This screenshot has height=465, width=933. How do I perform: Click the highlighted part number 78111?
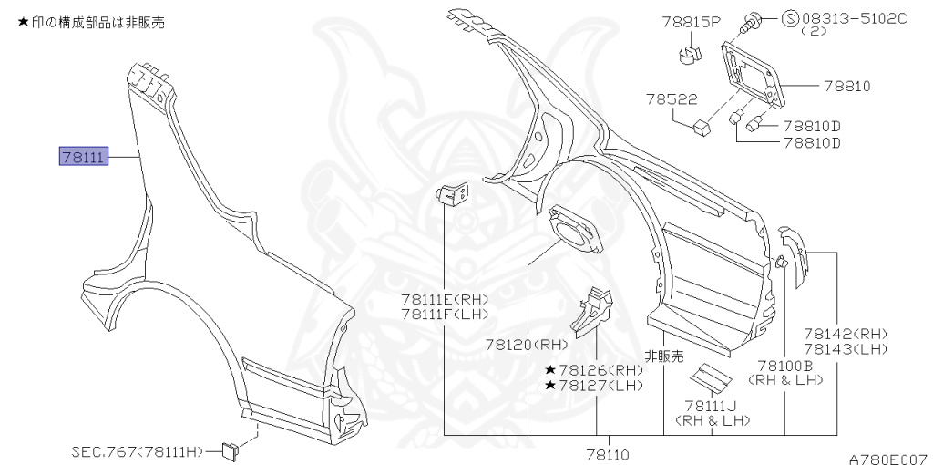click(84, 157)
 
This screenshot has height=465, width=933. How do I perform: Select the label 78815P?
click(692, 22)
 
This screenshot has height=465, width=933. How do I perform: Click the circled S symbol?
click(789, 18)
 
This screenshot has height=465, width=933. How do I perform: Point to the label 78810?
click(847, 86)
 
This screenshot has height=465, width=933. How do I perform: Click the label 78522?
click(672, 98)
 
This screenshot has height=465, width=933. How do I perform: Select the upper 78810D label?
click(812, 126)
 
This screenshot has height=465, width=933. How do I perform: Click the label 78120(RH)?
click(527, 344)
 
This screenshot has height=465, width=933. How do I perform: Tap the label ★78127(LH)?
click(594, 385)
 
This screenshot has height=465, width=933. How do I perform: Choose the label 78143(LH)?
click(846, 349)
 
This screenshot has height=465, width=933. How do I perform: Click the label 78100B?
click(785, 366)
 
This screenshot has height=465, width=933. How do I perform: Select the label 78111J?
click(711, 406)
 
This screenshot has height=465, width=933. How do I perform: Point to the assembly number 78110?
click(608, 456)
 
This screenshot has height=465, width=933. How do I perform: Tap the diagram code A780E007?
click(890, 459)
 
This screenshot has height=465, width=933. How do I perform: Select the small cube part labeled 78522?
click(702, 128)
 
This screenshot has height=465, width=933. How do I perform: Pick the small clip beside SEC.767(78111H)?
click(230, 450)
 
